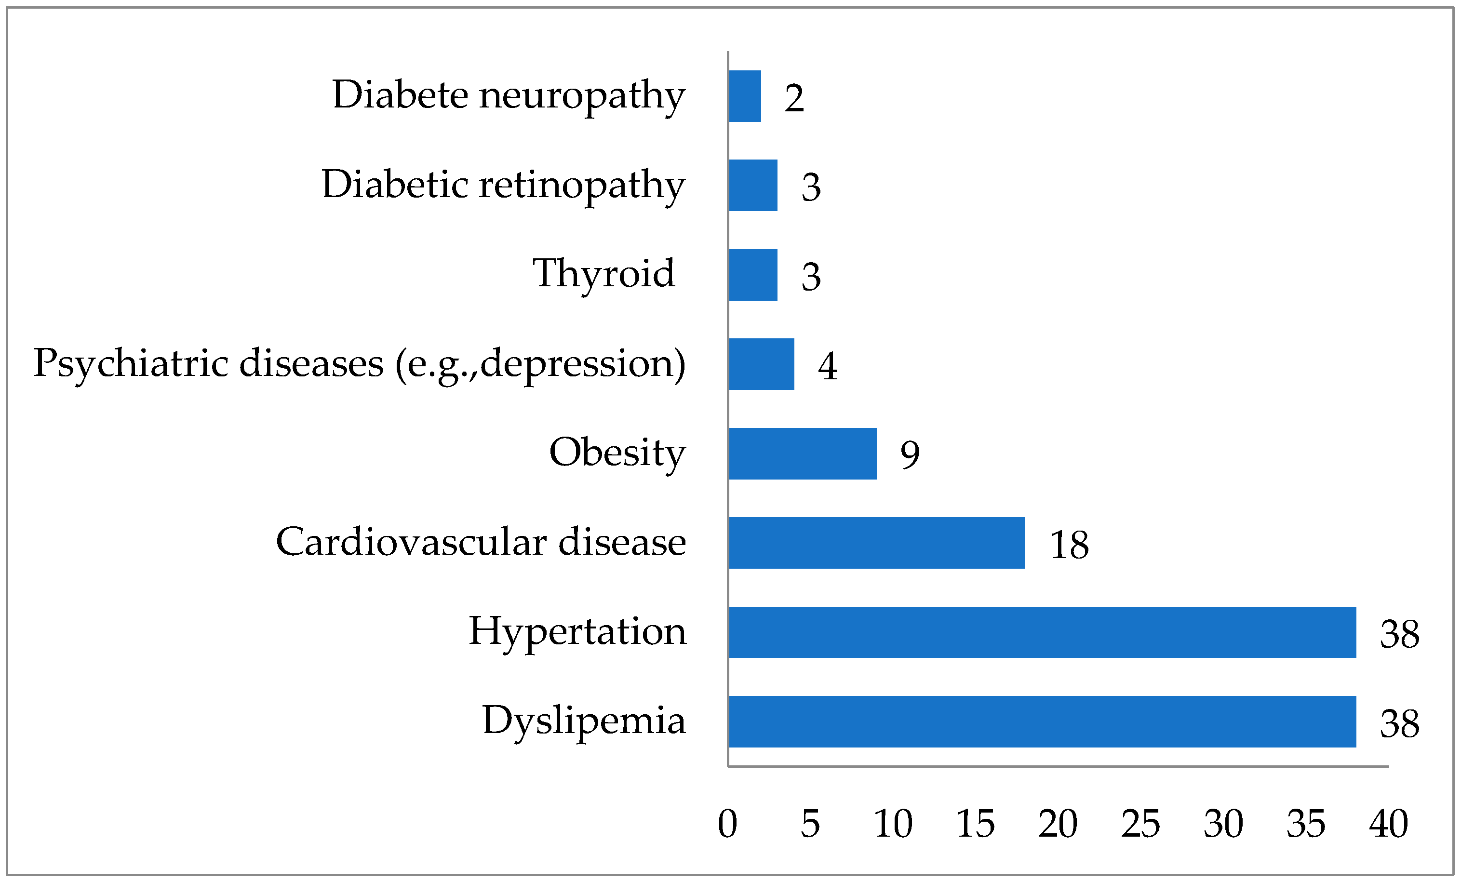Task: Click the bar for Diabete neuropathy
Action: [x=745, y=96]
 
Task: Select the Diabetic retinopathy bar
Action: [x=753, y=185]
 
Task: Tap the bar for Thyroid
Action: [x=753, y=275]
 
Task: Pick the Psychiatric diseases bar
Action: [x=761, y=364]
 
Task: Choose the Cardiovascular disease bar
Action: [x=876, y=543]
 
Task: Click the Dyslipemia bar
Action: [x=1043, y=721]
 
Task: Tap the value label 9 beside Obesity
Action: [x=910, y=455]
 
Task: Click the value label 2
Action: [x=794, y=98]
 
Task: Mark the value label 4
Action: [x=828, y=366]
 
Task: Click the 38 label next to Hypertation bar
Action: [x=1399, y=634]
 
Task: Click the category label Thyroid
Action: [x=603, y=274]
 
